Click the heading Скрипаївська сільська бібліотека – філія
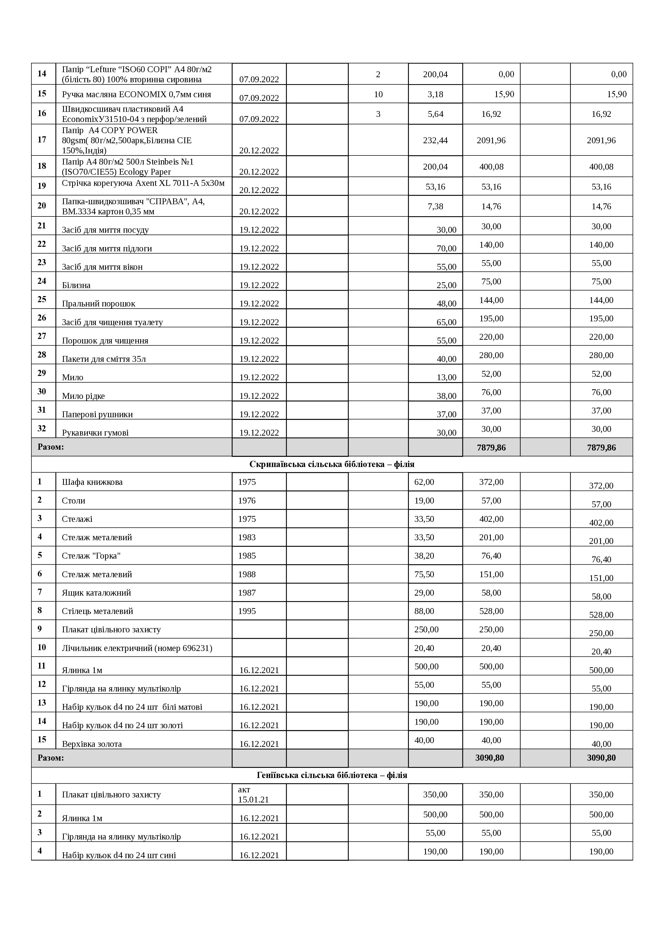(332, 464)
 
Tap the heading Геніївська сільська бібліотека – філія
(332, 775)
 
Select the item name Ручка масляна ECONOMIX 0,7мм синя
(136, 94)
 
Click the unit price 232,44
(435, 140)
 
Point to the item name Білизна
(76, 285)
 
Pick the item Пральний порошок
(98, 304)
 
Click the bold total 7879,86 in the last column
(601, 448)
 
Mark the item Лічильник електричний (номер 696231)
(137, 648)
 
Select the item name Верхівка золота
(92, 744)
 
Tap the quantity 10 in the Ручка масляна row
(378, 94)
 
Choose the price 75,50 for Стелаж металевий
(424, 574)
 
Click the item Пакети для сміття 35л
(104, 359)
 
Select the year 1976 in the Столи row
(247, 500)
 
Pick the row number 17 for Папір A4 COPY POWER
(42, 140)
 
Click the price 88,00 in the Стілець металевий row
(424, 611)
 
